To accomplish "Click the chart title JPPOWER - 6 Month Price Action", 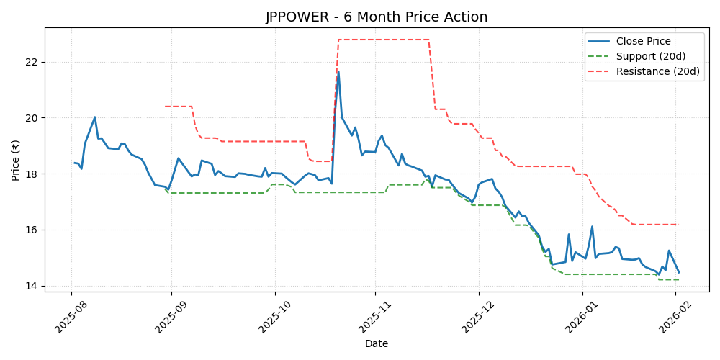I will pyautogui.click(x=376, y=17).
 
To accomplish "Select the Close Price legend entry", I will pyautogui.click(x=643, y=42).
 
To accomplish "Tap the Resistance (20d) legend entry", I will pyautogui.click(x=657, y=71).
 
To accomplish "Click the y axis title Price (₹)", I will pyautogui.click(x=16, y=160).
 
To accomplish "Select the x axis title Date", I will pyautogui.click(x=376, y=343).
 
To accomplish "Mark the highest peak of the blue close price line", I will pyautogui.click(x=338, y=71).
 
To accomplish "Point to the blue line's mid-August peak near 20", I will pyautogui.click(x=95, y=117).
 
